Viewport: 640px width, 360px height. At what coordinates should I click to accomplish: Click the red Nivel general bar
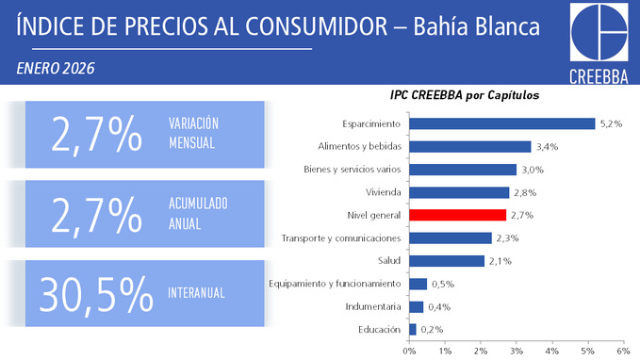(x=457, y=215)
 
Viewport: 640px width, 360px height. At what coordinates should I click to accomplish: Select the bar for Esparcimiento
(x=501, y=123)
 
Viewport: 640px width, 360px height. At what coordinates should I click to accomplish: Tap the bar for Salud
(x=447, y=261)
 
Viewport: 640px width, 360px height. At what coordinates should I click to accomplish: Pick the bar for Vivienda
(x=459, y=192)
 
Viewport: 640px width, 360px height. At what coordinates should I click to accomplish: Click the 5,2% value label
(x=611, y=123)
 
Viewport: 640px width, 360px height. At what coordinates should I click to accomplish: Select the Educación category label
(x=380, y=329)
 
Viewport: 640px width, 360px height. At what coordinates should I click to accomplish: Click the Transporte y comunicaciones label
(x=342, y=238)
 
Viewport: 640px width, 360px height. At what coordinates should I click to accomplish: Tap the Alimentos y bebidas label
(x=361, y=147)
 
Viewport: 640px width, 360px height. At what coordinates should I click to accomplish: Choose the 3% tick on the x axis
(x=516, y=351)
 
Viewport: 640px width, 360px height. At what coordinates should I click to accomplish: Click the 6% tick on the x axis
(x=622, y=351)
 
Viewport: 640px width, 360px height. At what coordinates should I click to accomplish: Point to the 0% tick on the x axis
(x=409, y=351)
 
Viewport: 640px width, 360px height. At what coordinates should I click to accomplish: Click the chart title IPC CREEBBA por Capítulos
(x=464, y=95)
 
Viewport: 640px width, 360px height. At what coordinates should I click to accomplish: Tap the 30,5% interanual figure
(x=97, y=294)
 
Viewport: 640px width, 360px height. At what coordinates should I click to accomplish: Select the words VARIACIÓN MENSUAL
(x=193, y=134)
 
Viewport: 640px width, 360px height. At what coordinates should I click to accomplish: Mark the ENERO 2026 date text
(x=57, y=69)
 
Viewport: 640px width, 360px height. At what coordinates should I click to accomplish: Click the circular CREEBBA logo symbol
(x=600, y=34)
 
